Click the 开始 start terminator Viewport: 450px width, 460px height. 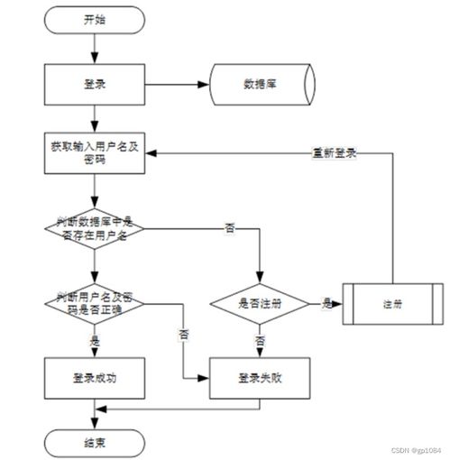pyautogui.click(x=94, y=20)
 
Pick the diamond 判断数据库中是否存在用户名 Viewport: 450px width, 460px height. pyautogui.click(x=94, y=230)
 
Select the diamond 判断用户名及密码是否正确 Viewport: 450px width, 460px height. pyautogui.click(x=94, y=302)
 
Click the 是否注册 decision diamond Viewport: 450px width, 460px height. pyautogui.click(x=260, y=303)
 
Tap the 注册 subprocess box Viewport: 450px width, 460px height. pyautogui.click(x=391, y=303)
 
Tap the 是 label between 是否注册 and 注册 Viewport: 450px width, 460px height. pyautogui.click(x=325, y=303)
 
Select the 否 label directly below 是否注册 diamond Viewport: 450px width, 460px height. pyautogui.click(x=260, y=342)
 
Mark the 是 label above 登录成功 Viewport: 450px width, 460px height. pyautogui.click(x=95, y=342)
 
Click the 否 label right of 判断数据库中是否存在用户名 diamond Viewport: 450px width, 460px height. pyautogui.click(x=230, y=230)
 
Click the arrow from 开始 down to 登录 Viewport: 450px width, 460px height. pyautogui.click(x=94, y=49)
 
